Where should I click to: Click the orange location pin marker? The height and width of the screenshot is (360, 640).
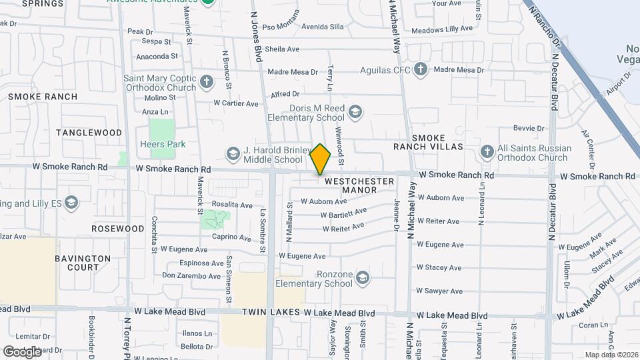click(321, 159)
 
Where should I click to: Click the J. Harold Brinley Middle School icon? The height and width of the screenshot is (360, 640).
click(233, 155)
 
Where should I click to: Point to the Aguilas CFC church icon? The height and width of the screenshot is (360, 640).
click(420, 69)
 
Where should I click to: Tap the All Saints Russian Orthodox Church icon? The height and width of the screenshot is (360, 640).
click(487, 153)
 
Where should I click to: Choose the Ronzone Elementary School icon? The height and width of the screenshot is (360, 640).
click(362, 278)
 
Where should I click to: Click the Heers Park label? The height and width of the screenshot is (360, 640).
click(163, 144)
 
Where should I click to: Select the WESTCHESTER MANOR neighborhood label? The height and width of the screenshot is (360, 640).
click(359, 185)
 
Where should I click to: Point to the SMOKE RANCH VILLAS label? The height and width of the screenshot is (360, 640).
click(428, 141)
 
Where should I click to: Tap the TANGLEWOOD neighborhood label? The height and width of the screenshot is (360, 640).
click(89, 133)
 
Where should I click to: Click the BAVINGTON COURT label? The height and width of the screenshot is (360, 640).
click(83, 263)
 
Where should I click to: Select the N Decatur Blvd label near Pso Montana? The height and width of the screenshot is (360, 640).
click(553, 80)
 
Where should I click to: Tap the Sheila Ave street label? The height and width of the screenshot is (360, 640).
click(282, 49)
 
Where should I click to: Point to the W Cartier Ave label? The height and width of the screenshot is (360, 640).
click(235, 103)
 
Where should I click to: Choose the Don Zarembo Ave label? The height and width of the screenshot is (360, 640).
click(191, 275)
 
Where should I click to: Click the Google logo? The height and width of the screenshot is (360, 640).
click(23, 351)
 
